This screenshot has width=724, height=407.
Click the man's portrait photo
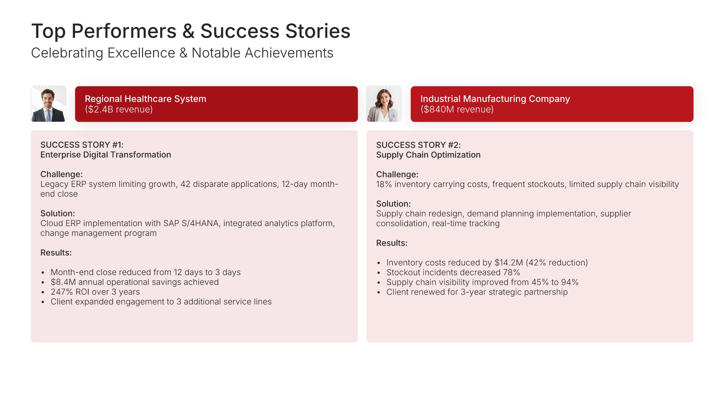(48, 104)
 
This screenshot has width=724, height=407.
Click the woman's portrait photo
(384, 104)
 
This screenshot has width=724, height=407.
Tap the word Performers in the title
(124, 32)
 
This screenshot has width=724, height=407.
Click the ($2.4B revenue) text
(119, 109)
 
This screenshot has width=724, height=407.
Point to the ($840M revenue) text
(457, 109)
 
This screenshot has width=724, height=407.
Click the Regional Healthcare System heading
(146, 99)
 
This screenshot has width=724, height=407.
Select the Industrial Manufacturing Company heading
(495, 99)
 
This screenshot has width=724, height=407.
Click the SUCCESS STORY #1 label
(82, 145)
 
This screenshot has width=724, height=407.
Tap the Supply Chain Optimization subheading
(428, 155)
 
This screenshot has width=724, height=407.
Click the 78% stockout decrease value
(511, 272)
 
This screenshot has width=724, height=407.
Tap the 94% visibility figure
(570, 282)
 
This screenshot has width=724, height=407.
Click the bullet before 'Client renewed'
(379, 292)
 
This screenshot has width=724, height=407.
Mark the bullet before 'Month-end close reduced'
(43, 273)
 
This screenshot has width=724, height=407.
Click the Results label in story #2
(392, 243)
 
